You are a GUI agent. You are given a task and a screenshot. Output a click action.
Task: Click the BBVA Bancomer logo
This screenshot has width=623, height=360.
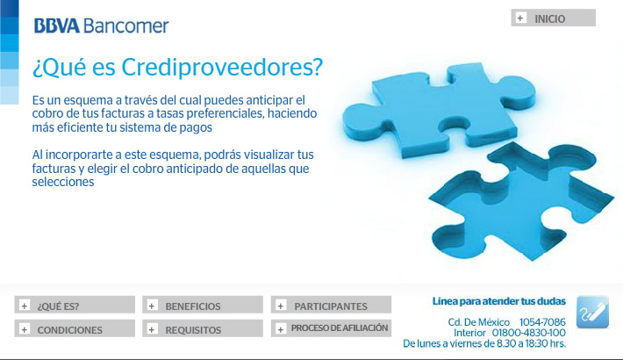pos(101,25)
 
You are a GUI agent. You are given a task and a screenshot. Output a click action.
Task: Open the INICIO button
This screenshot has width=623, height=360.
pos(553,18)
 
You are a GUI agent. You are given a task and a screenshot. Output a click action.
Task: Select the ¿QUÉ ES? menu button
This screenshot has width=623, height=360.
pos(75,305)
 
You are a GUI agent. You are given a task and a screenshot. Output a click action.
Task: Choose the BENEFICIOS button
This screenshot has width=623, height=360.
pos(203,305)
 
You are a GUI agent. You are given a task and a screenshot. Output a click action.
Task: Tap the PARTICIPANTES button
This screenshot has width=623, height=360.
pos(331,305)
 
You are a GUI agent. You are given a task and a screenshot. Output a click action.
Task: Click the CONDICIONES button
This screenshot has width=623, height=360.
pos(75,328)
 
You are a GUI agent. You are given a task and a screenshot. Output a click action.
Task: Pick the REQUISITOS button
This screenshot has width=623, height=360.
pos(203,328)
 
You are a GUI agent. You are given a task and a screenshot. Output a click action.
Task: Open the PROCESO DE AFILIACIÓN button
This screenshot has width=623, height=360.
pos(331,328)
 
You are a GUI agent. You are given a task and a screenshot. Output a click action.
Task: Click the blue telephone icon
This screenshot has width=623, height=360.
pos(592,313)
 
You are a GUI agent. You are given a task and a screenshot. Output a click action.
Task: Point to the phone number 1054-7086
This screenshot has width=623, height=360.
pos(542,322)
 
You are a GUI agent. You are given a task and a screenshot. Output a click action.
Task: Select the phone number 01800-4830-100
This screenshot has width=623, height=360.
pos(529,333)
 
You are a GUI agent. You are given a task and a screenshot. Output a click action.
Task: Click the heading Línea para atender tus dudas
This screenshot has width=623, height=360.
pos(499,301)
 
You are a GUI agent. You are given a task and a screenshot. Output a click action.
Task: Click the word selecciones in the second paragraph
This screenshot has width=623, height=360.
pos(63,182)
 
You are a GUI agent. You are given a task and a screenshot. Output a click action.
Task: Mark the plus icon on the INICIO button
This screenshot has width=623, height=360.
pos(520,18)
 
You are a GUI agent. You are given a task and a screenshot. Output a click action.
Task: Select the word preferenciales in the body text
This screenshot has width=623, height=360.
pos(226,114)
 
